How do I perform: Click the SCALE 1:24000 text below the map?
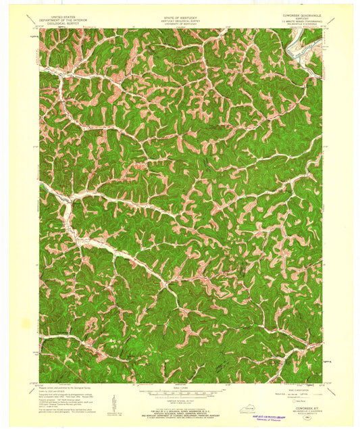[180, 387]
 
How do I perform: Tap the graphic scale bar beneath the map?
[180, 392]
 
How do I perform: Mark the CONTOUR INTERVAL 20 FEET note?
[180, 399]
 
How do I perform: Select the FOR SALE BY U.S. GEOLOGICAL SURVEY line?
[180, 409]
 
